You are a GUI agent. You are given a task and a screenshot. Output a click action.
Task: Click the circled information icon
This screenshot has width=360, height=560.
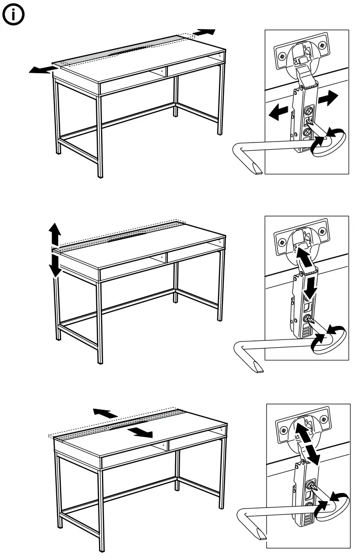pyautogui.click(x=14, y=15)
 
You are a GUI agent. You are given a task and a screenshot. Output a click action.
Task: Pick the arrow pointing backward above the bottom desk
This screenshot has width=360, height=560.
pyautogui.click(x=105, y=413)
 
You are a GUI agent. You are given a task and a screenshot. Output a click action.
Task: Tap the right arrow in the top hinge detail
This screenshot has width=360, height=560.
pyautogui.click(x=327, y=99)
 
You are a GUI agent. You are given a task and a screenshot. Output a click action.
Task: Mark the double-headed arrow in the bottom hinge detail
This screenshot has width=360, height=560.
pyautogui.click(x=306, y=442)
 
